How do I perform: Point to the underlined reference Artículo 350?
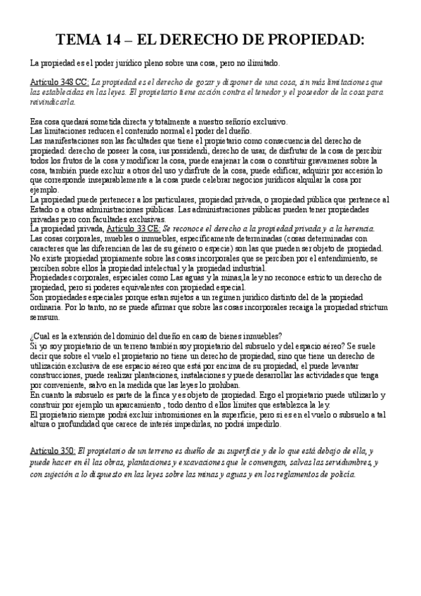tap(53, 449)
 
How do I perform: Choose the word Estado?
tap(44, 209)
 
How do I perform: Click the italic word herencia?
tap(356, 229)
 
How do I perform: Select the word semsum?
tap(45, 317)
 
